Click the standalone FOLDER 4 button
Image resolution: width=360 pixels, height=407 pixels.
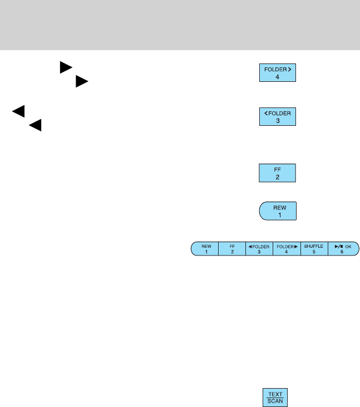coord(278,72)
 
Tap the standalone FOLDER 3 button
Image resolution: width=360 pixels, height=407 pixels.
coord(278,117)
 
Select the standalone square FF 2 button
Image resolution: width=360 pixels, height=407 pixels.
coord(278,173)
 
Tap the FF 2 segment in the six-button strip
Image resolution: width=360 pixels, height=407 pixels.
coord(231,248)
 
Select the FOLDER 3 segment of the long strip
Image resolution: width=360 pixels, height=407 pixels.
coord(259,248)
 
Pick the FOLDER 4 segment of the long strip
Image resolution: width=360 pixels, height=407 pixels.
coord(287,248)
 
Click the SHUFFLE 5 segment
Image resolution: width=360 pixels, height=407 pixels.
coord(314,248)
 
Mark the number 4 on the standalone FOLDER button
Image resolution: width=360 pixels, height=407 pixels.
coord(278,77)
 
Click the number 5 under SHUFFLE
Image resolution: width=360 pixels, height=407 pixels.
coord(314,252)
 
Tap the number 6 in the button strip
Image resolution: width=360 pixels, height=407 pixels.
coord(342,252)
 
